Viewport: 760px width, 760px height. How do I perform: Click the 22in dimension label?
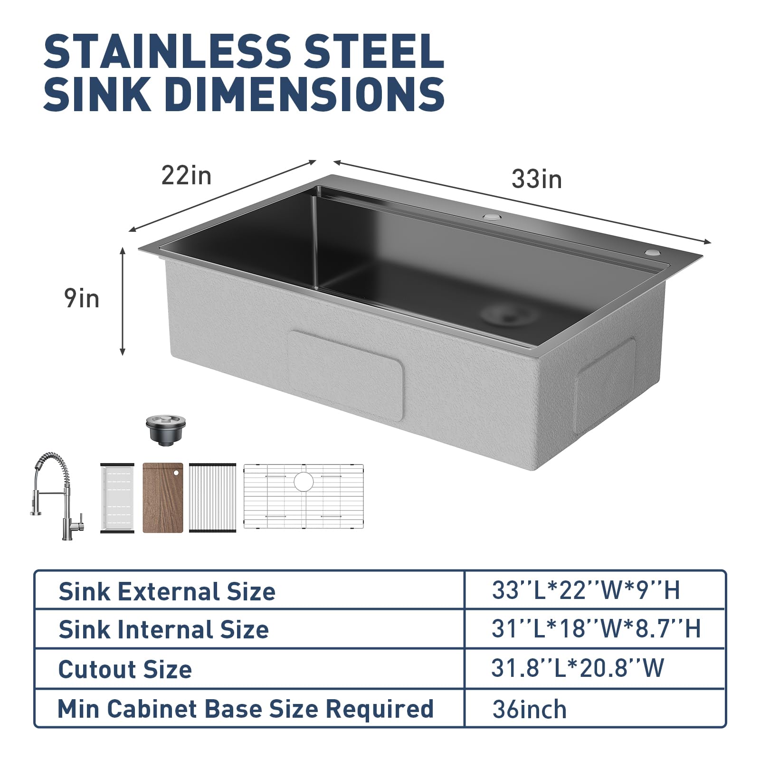[x=186, y=175]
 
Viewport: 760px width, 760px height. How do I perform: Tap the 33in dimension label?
[x=537, y=179]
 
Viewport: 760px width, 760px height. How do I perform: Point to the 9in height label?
[x=82, y=299]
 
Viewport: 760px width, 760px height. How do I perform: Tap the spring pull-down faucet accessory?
[x=57, y=496]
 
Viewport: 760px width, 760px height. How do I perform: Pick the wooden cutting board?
[x=163, y=498]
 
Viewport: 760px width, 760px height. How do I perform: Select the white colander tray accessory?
[x=117, y=498]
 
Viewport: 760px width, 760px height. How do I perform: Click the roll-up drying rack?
[x=212, y=498]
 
